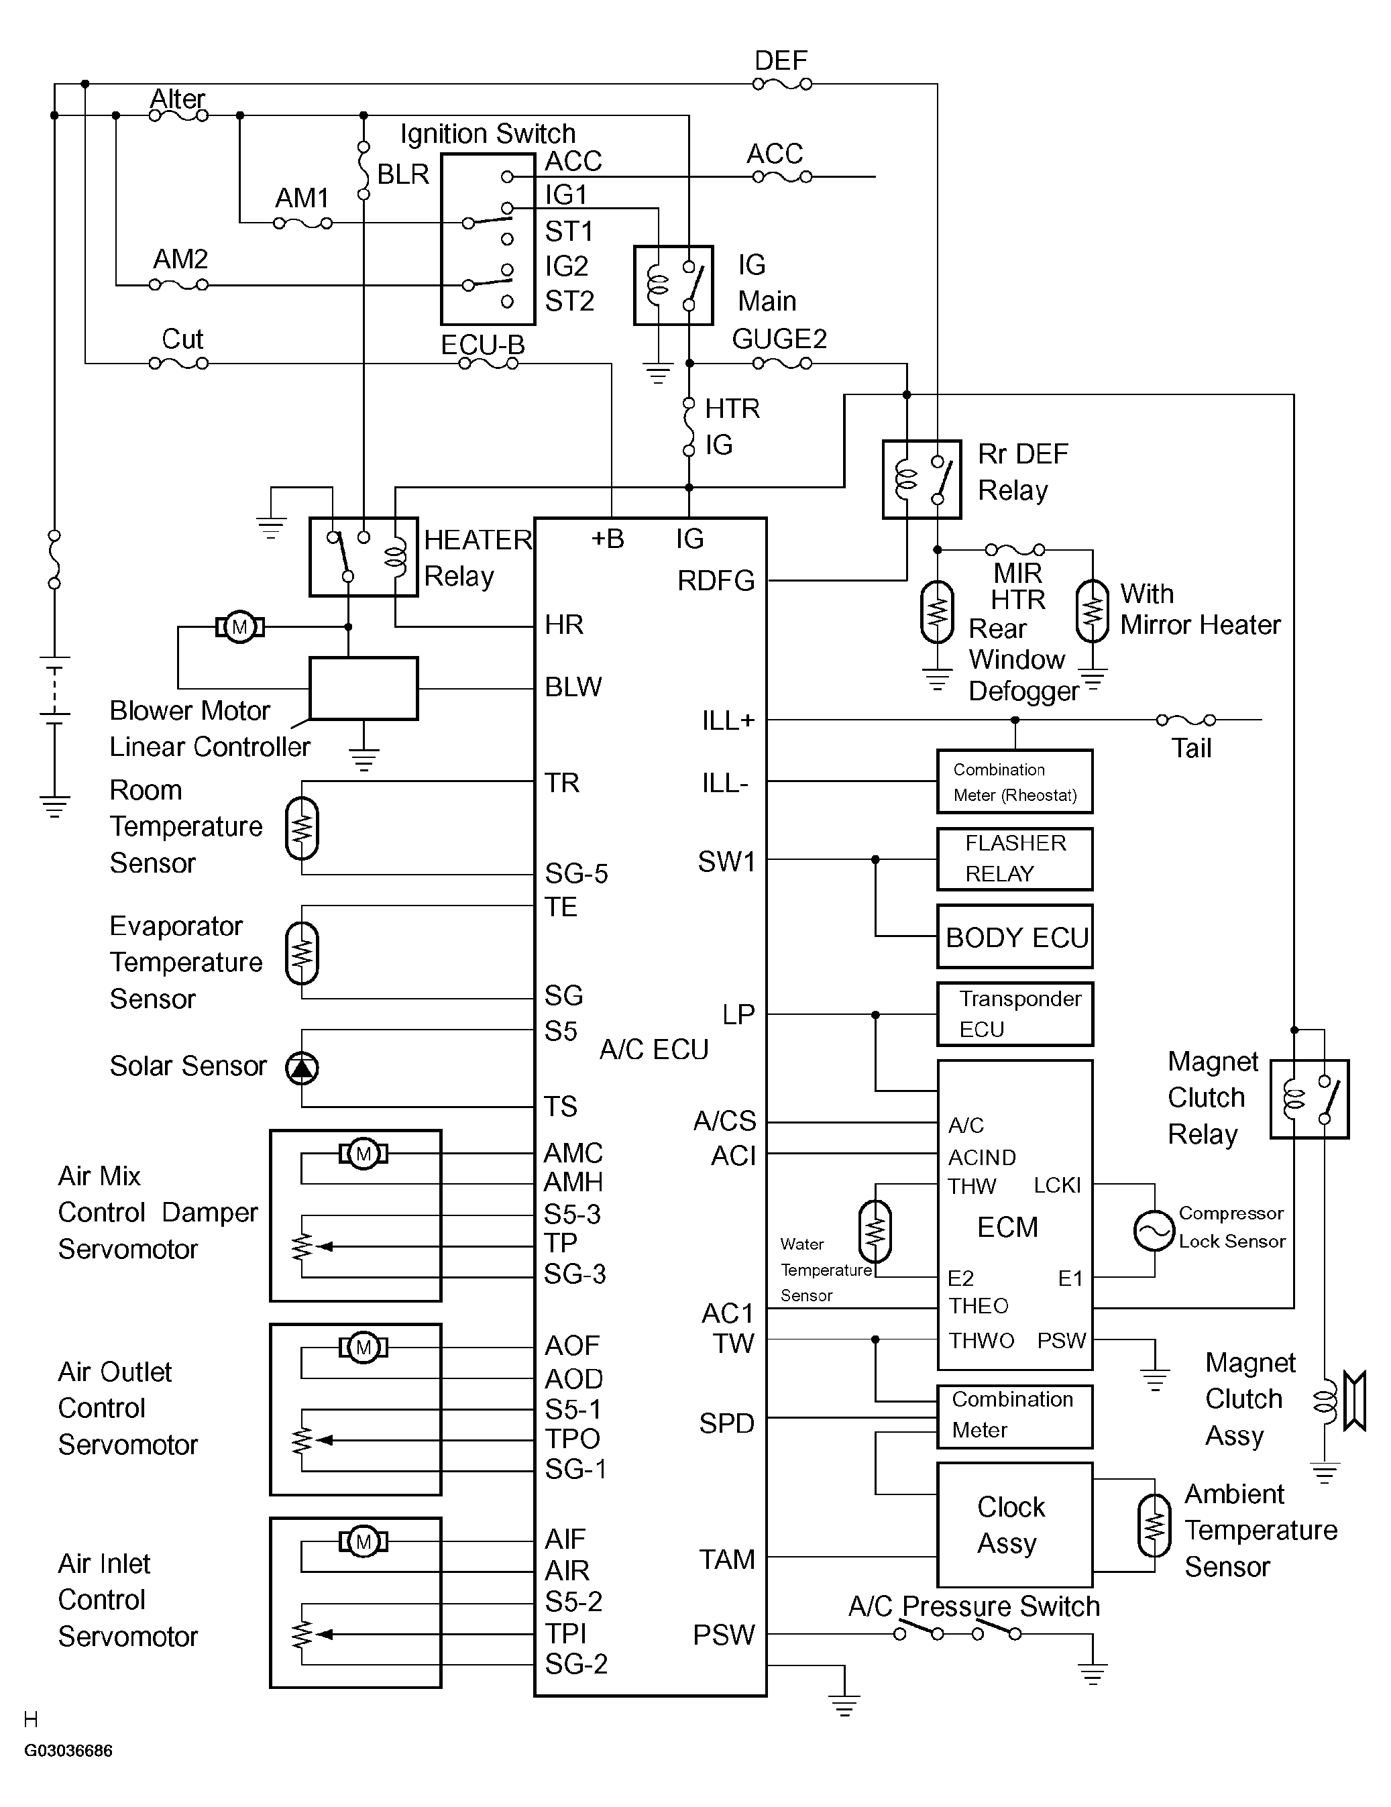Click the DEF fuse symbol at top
782,84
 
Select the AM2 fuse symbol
178,284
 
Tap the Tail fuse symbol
1185,720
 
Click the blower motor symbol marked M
240,627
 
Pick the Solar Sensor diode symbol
302,1068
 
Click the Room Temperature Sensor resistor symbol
302,828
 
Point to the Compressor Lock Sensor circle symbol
1154,1231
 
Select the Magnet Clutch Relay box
1309,1099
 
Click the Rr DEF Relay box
921,479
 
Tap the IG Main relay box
673,284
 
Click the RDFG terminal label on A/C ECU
716,581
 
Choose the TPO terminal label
572,1439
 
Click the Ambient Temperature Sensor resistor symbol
1154,1525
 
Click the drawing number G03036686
68,1751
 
